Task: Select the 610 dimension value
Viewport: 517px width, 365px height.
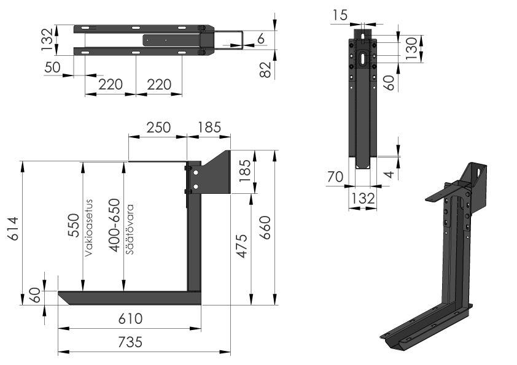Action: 131,318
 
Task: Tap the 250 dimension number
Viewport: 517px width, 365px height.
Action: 158,128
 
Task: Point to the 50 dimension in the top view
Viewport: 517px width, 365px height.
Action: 53,67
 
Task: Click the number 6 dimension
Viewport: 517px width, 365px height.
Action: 261,39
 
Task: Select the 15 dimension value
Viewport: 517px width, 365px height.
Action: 340,13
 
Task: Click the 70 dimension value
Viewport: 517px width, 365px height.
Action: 335,177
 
